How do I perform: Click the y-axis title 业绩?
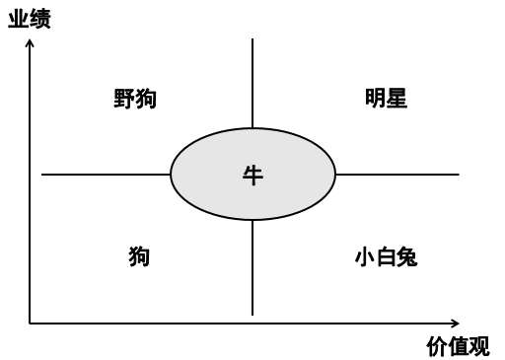[29, 20]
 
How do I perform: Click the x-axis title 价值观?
[458, 346]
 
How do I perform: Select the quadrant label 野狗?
[135, 99]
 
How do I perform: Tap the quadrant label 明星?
[386, 99]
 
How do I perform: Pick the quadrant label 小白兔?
[386, 257]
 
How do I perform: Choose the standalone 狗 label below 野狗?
[139, 257]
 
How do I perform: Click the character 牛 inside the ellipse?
[253, 176]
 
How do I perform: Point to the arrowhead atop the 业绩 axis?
[31, 42]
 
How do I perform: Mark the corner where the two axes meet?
[31, 323]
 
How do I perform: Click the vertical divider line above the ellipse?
[252, 84]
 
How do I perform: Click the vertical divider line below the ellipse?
[252, 266]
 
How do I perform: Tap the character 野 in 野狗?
[124, 99]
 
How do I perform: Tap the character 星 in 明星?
[397, 99]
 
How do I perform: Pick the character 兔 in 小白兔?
[406, 257]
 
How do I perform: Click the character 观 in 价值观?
[478, 346]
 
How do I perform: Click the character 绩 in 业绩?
[39, 20]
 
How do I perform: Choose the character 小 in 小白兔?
[364, 257]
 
